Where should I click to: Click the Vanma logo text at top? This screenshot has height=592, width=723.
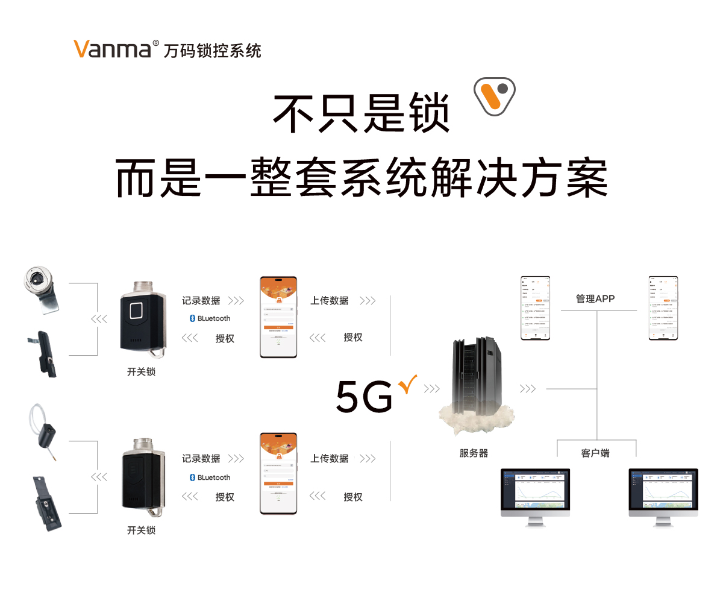coord(112,49)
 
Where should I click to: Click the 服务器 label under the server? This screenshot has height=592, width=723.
coord(474,453)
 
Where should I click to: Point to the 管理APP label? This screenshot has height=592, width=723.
coord(595,298)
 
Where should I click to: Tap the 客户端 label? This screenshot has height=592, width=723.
coord(595,453)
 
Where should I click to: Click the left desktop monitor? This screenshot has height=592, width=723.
coord(535,493)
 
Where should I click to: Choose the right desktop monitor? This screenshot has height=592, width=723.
coord(663,493)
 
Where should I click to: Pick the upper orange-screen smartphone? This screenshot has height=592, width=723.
coord(278,317)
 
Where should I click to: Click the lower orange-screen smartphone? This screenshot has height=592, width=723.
coord(278,473)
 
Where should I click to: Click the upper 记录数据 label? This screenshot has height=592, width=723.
coord(201,300)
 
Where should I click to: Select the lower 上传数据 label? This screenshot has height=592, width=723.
coord(330,459)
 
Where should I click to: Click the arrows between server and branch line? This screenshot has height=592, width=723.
coord(527,389)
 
